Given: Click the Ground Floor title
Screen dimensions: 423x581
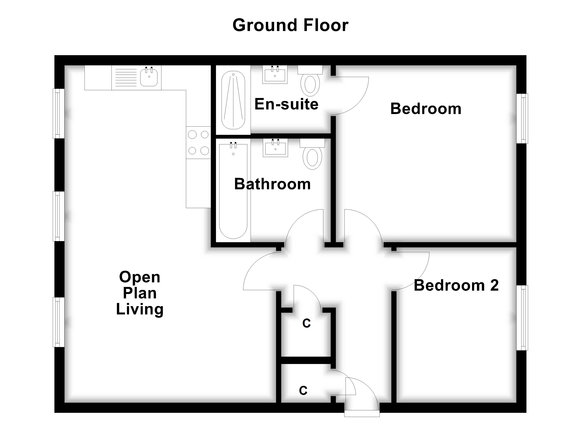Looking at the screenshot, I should (x=290, y=25).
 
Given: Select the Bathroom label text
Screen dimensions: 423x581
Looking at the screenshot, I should (x=272, y=184).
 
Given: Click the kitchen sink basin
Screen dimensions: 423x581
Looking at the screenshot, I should (x=149, y=78).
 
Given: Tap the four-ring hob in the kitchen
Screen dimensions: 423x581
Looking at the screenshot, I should (x=198, y=142).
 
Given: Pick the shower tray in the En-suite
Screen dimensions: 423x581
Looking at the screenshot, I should (x=233, y=100).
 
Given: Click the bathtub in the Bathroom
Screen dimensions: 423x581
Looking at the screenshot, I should (x=233, y=191).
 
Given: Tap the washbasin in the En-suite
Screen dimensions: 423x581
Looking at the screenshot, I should (x=275, y=75).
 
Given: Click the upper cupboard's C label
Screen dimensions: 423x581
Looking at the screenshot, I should (x=306, y=323).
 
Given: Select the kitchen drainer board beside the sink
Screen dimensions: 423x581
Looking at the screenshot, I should (x=126, y=78).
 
